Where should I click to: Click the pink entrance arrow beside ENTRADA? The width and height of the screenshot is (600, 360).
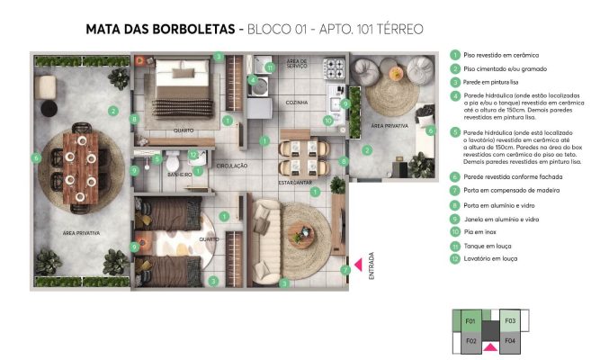tap(357, 264)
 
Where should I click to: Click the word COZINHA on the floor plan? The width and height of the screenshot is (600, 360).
tap(296, 103)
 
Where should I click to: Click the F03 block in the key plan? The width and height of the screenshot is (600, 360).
tap(509, 320)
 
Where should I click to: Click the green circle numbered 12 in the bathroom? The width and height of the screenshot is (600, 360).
tap(193, 154)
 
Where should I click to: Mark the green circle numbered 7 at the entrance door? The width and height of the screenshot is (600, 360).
tap(345, 269)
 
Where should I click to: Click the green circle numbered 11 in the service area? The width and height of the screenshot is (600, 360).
tap(270, 67)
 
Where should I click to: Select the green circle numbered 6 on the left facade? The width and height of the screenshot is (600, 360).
tap(37, 157)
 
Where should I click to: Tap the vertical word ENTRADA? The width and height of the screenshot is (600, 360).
tap(371, 271)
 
